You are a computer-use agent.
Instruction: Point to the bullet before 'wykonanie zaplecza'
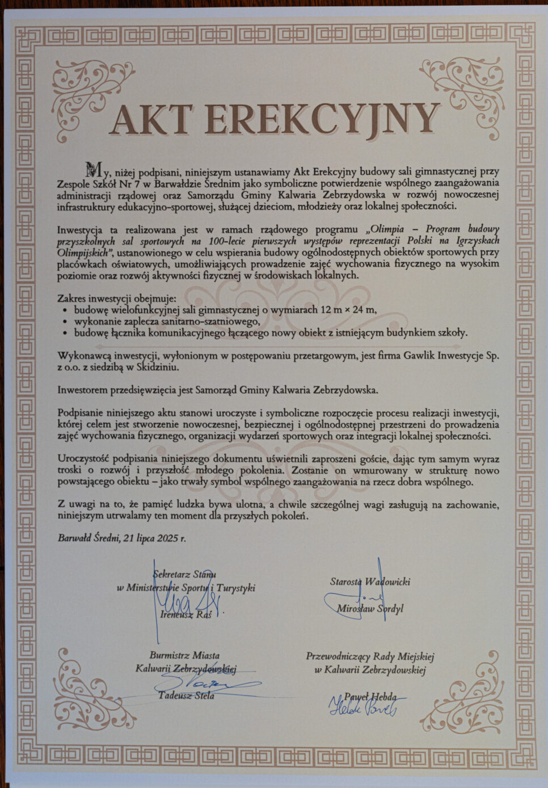point(66,322)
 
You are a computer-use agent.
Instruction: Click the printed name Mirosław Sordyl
point(370,609)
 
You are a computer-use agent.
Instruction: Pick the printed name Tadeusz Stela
point(186,696)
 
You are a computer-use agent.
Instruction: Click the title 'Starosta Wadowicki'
point(370,581)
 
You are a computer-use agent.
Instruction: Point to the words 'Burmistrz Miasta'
point(185,655)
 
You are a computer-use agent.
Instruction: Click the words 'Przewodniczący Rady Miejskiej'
point(370,656)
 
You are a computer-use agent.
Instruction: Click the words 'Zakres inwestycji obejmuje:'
point(117,298)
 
